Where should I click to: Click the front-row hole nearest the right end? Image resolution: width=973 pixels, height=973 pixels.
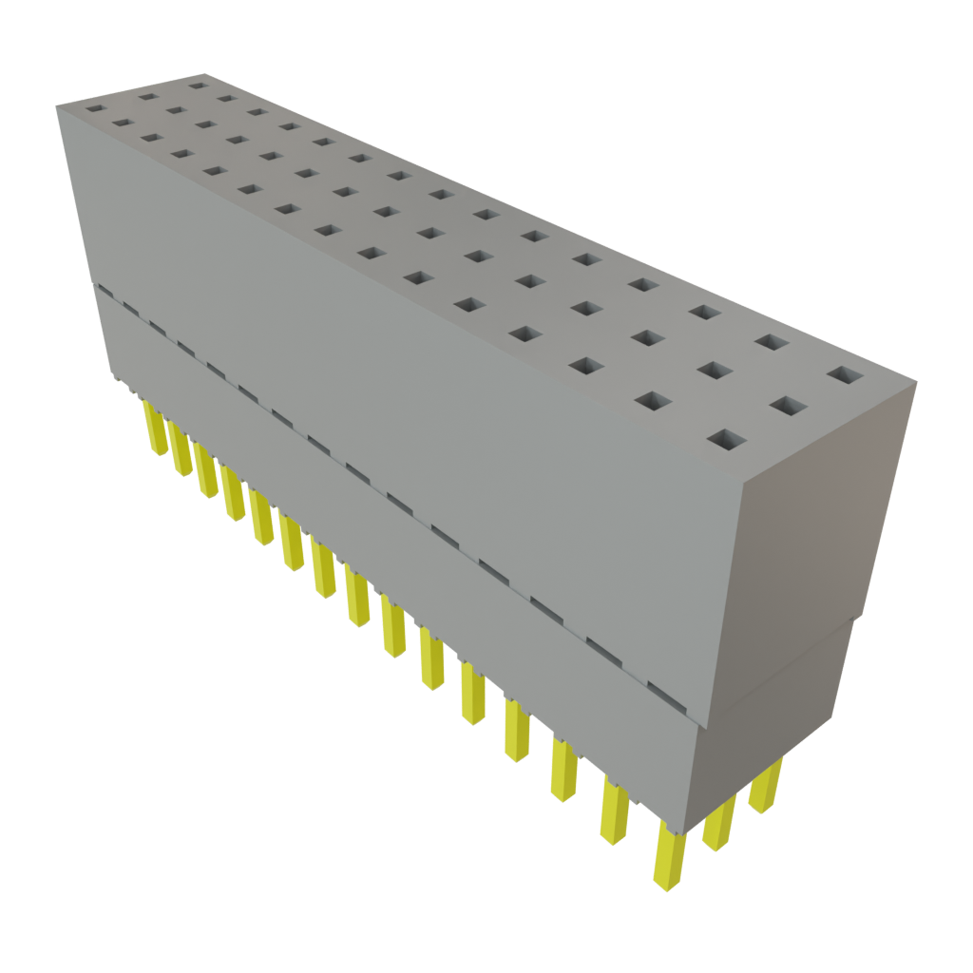tap(727, 439)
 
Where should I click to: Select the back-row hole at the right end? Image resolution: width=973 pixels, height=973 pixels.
tap(840, 375)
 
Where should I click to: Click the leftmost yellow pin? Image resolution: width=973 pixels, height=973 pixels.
tap(152, 428)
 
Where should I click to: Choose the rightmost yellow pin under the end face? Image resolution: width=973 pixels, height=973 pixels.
tap(766, 786)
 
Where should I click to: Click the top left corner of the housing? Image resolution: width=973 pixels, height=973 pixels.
tap(56, 106)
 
